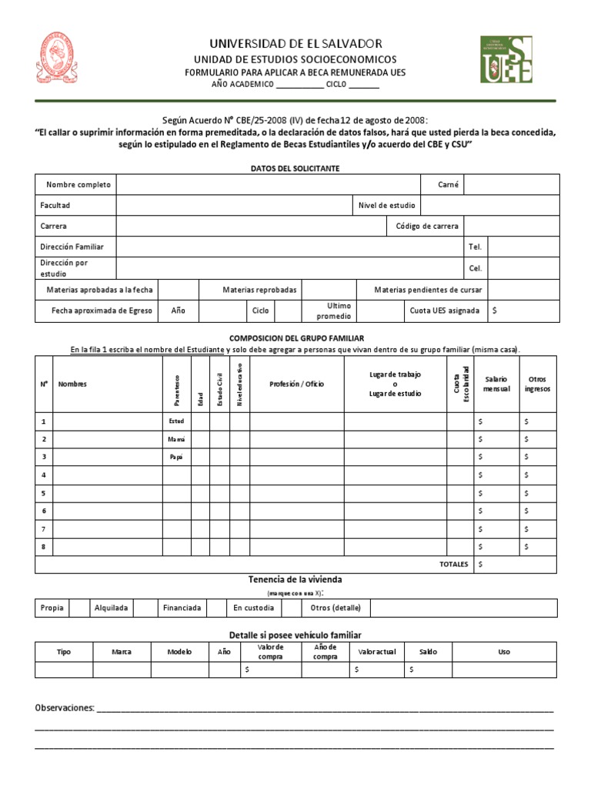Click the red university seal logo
pyautogui.click(x=59, y=58)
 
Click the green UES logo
pyautogui.click(x=506, y=59)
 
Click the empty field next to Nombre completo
pyautogui.click(x=267, y=185)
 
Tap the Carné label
pyautogui.click(x=448, y=185)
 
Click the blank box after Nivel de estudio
pyautogui.click(x=489, y=206)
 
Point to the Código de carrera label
pyautogui.click(x=427, y=227)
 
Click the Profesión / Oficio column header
pyautogui.click(x=296, y=384)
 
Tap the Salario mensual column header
pyautogui.click(x=496, y=384)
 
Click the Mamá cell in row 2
pyautogui.click(x=176, y=439)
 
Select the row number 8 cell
pyautogui.click(x=44, y=546)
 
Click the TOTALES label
pyautogui.click(x=453, y=565)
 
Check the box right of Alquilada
pyautogui.click(x=145, y=608)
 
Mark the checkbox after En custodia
pyautogui.click(x=291, y=608)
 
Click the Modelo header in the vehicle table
pyautogui.click(x=179, y=652)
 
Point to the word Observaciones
pyautogui.click(x=65, y=707)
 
